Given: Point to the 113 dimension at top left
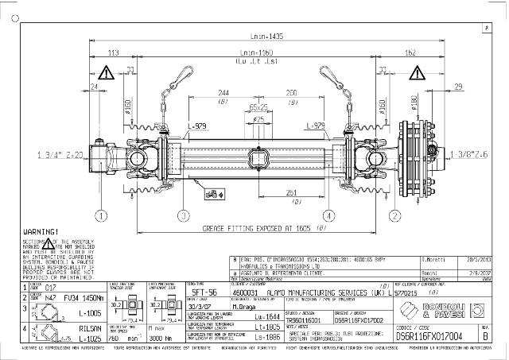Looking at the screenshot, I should tap(114, 52).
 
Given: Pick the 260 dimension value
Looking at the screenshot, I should tap(292, 92).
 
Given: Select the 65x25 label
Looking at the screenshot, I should tap(258, 106).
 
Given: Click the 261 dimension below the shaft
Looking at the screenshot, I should tap(292, 192).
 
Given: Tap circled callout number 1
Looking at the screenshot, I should tap(101, 215).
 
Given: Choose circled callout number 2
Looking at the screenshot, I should tap(394, 215).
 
